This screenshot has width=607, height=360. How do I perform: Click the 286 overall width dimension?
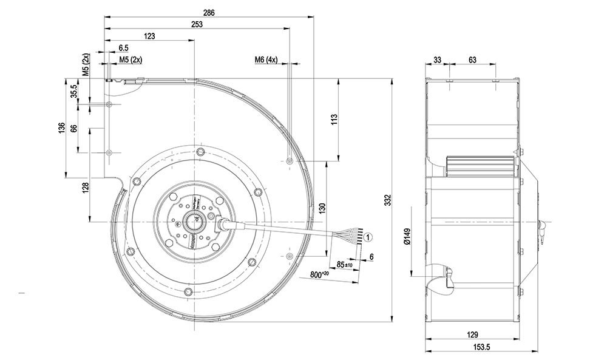209,12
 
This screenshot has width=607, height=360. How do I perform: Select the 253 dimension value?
196,24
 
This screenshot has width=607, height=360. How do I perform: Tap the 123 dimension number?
149,36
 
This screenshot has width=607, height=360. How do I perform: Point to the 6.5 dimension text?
124,47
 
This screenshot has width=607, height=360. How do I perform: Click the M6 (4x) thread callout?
266,59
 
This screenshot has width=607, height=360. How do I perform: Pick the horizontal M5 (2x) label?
131,59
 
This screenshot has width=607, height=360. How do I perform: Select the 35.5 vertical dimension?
74,92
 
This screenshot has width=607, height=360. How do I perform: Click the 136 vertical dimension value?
62,129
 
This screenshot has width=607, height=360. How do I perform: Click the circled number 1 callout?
370,237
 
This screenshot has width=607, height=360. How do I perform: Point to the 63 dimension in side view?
472,59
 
